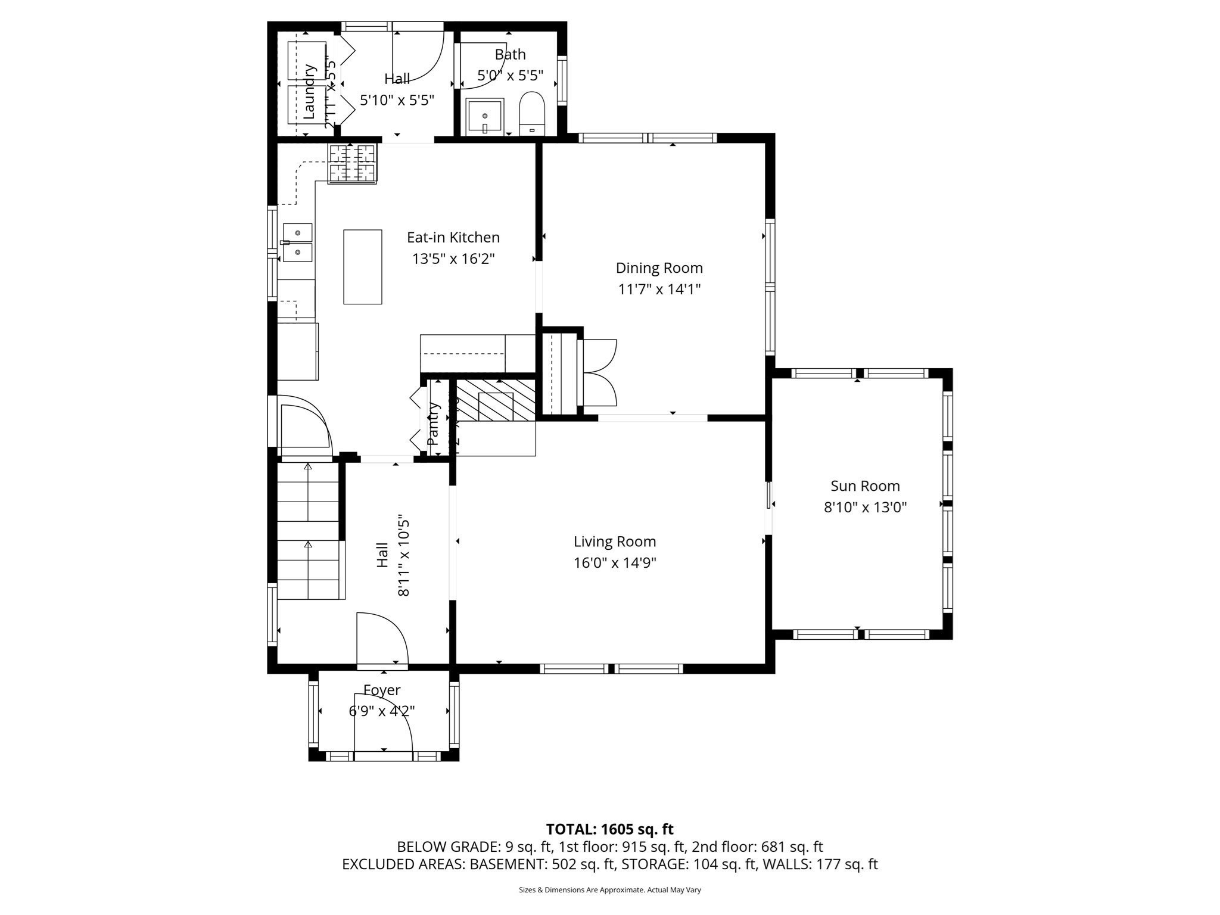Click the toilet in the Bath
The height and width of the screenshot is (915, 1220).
pos(532,112)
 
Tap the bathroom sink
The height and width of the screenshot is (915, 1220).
pos(484,116)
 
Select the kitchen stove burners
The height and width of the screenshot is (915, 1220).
pos(353,163)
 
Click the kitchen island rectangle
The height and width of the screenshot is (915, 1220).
pos(362,267)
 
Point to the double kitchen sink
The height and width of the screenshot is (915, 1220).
pos(297,242)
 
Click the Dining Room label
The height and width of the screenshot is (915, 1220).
pos(659,268)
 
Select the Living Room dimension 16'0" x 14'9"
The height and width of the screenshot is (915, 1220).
pos(615,563)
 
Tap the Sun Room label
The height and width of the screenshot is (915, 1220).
pos(865,486)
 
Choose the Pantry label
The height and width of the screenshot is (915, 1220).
pos(433,424)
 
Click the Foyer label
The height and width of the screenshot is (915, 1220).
pos(382,690)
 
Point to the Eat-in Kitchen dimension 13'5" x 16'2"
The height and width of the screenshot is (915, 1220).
pos(453,259)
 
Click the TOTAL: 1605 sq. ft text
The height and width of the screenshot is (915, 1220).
pos(609,829)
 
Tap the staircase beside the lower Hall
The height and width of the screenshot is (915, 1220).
pos(308,531)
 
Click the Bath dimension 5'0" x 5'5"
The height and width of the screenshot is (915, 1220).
pos(511,76)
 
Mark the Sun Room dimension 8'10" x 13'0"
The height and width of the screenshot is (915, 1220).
pos(865,508)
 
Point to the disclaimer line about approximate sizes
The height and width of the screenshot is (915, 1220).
pos(609,890)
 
